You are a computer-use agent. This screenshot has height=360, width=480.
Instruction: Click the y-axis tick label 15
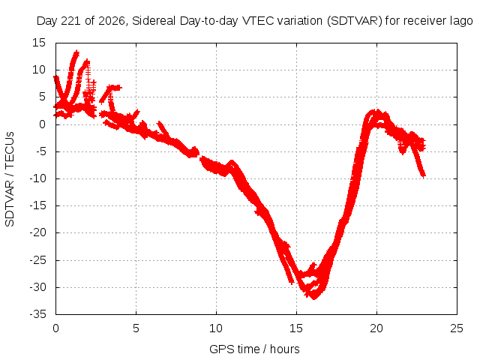click(39, 43)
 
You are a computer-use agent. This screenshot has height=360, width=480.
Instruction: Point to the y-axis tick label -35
click(38, 314)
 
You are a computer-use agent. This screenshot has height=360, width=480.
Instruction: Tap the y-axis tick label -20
click(38, 232)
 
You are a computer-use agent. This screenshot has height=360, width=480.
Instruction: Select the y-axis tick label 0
click(42, 124)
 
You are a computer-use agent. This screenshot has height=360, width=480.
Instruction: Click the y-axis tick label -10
click(38, 178)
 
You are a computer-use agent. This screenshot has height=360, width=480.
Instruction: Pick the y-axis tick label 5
click(42, 97)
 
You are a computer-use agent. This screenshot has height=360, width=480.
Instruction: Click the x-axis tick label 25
click(457, 328)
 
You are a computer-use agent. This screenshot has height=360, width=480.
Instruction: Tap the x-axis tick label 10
click(216, 328)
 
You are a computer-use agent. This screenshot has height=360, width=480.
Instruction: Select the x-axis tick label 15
click(296, 328)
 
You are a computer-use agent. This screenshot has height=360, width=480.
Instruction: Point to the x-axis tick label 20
click(376, 328)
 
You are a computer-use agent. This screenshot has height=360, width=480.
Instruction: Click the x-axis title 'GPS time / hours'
click(254, 349)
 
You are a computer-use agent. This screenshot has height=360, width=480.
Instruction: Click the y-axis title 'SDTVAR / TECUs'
click(10, 179)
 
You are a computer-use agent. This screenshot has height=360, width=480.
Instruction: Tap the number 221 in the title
click(70, 21)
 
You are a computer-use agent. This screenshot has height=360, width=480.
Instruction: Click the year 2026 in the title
click(112, 21)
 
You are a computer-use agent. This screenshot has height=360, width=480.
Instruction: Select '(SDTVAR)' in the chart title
click(355, 21)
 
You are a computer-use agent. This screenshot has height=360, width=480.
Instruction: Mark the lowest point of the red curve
click(314, 298)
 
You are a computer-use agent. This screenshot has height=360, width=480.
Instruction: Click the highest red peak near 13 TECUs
click(76, 52)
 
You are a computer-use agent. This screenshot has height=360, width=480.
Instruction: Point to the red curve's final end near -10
click(424, 177)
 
